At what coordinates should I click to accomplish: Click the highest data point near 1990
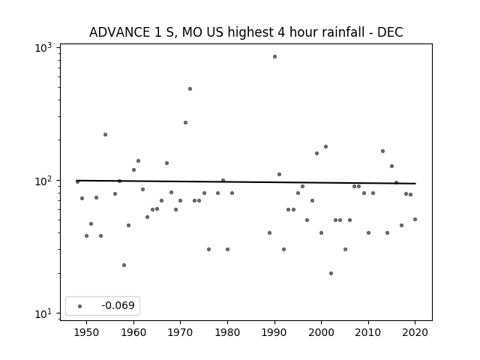coord(275,57)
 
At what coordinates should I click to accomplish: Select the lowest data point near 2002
coord(331,273)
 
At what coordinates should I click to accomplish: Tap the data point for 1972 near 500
coord(190,88)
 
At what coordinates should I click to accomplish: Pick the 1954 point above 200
coord(105,135)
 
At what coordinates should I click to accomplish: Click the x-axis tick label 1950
coord(87,332)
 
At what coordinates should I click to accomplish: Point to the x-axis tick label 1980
coord(227,332)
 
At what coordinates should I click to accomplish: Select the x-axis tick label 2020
coord(415,332)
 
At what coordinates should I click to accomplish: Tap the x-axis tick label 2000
coord(321,332)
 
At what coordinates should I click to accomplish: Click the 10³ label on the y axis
coord(43,47)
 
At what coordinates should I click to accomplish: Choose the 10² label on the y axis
coord(43,181)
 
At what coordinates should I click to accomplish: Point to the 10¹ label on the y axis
coord(43,313)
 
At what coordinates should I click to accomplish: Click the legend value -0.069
coord(118,305)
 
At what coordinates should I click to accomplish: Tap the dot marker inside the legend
coord(80,306)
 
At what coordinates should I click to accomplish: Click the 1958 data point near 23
coord(124,265)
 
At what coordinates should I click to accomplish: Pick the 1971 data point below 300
coord(185,123)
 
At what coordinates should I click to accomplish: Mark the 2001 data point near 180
coord(325,147)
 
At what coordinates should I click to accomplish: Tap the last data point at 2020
coord(415,220)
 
